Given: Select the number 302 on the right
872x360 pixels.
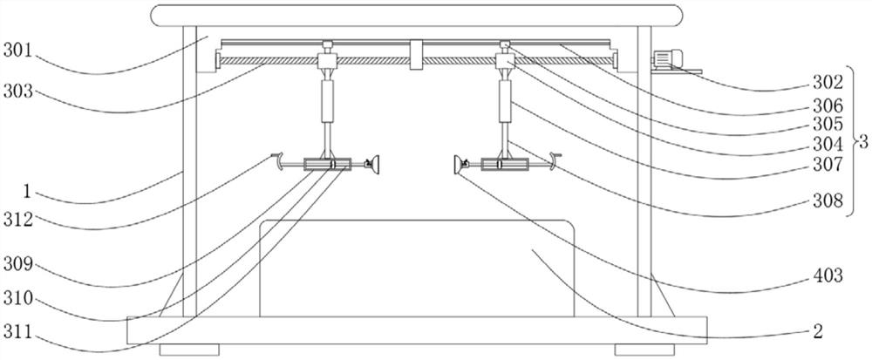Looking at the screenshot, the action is [828, 85].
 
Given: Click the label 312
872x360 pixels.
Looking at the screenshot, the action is [18, 219].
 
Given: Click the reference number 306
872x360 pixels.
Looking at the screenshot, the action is [828, 105].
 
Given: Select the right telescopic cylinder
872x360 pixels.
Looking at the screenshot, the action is [504, 102].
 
